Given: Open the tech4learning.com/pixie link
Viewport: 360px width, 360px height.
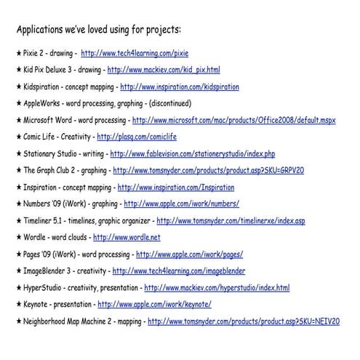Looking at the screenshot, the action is tap(129, 54).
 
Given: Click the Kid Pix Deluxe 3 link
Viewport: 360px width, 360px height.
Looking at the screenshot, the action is tap(164, 71).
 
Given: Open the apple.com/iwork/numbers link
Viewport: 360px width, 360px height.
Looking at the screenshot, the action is tap(181, 204).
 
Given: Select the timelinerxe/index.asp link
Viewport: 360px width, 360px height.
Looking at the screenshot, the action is tap(231, 221).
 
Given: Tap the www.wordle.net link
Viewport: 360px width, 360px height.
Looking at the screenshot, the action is tap(127, 237).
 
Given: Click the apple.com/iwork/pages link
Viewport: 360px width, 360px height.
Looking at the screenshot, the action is tap(189, 255).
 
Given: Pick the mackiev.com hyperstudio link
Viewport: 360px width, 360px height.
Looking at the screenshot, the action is tap(217, 288).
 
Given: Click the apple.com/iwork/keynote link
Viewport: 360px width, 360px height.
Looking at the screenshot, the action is tap(154, 305).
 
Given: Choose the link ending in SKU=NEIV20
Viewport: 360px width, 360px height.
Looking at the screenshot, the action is tap(244, 321).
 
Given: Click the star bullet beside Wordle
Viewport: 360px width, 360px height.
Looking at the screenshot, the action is tap(19, 237).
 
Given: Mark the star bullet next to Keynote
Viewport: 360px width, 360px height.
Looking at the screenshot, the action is tap(19, 305).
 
